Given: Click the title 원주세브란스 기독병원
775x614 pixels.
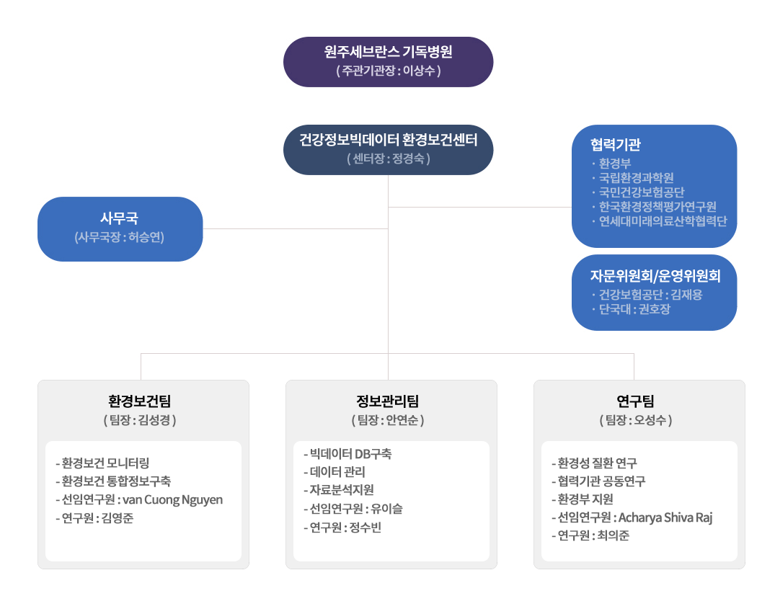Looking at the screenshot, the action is tap(388, 51).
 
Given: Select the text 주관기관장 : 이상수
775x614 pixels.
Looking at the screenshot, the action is tap(388, 71).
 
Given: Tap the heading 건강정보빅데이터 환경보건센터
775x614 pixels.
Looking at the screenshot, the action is tap(388, 140).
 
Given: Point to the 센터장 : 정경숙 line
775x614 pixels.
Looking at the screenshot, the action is tap(388, 159).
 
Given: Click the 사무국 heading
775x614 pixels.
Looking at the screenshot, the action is tap(119, 218).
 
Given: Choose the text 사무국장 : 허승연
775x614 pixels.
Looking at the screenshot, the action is tap(119, 237).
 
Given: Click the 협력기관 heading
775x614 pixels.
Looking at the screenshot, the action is tap(616, 144).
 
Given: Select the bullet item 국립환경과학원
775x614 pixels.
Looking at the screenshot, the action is tap(636, 178).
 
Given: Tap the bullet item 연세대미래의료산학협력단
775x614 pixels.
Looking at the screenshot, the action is tap(663, 221).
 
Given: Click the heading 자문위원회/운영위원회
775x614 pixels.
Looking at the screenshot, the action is tap(655, 275).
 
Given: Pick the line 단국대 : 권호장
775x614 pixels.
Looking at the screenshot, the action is tap(634, 309).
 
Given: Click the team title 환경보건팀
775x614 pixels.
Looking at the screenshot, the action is tap(139, 401).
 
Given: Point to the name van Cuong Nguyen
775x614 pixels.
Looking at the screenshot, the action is tap(172, 500).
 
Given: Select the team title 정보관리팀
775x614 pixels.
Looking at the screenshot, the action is tap(388, 401).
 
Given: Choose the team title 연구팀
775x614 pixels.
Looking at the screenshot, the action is tap(636, 401).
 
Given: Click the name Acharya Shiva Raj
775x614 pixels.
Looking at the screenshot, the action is tap(665, 517).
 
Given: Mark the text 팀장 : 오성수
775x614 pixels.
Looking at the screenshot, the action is tap(636, 420).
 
